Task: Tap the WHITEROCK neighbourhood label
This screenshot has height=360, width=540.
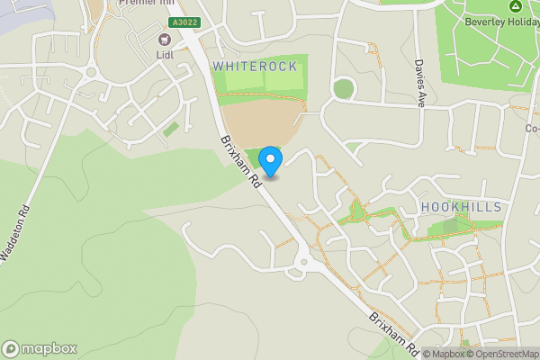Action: point(254,67)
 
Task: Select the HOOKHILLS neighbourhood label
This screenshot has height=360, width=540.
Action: point(461,207)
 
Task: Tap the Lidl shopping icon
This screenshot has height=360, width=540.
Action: point(164,39)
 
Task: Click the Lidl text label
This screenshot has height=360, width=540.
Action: point(164,54)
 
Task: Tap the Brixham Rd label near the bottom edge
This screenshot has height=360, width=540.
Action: point(394,331)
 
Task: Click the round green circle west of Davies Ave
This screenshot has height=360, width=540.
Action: point(342,89)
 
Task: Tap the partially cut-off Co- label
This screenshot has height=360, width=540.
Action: point(532,129)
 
